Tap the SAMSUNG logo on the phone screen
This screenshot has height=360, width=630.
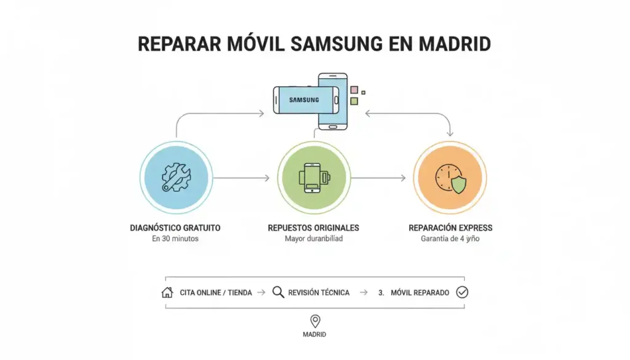click(x=303, y=99)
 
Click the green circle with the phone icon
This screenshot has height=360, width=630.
click(x=314, y=178)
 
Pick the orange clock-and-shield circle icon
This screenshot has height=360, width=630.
click(x=450, y=178)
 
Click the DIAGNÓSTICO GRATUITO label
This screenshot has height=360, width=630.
click(x=175, y=228)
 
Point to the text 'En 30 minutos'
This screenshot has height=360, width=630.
click(x=175, y=239)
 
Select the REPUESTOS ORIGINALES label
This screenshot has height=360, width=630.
click(x=314, y=228)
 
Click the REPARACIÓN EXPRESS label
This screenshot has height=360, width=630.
click(x=450, y=228)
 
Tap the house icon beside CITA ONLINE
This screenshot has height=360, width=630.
click(x=167, y=292)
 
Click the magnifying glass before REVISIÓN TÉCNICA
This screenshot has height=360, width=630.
click(x=278, y=292)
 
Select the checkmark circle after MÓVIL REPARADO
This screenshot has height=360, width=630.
click(x=462, y=292)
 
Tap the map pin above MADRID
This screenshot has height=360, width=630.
click(x=315, y=321)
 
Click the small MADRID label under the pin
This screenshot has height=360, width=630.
click(x=314, y=335)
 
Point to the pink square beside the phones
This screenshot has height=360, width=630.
click(x=354, y=90)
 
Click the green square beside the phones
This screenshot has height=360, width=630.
click(x=354, y=101)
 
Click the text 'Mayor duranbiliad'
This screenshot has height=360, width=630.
click(x=314, y=239)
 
